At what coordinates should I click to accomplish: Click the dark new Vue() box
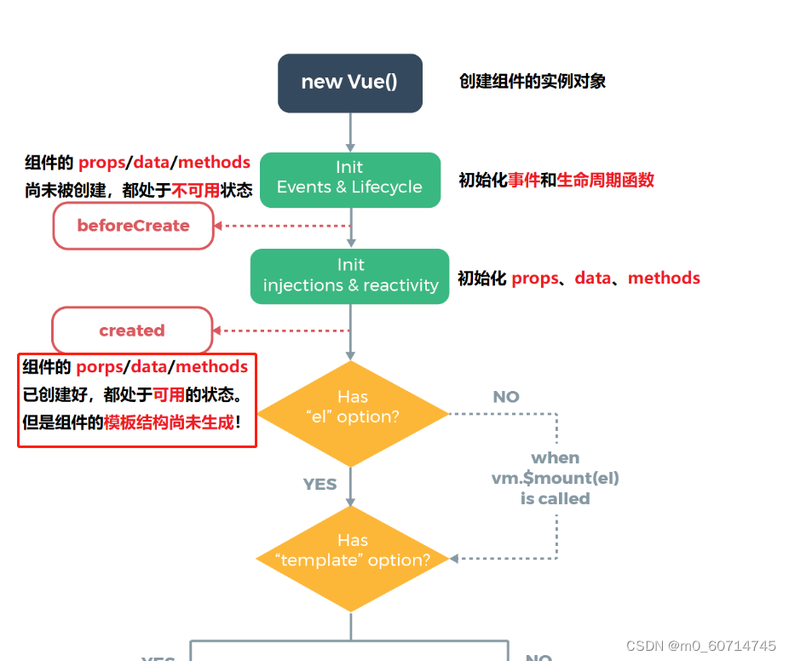[x=349, y=83]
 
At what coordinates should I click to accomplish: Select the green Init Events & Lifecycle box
[x=349, y=179]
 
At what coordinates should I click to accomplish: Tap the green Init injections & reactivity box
[x=349, y=276]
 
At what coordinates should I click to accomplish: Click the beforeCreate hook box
[x=133, y=226]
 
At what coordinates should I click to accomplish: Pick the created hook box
[x=132, y=330]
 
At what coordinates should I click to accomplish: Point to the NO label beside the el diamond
[x=506, y=397]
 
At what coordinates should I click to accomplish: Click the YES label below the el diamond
[x=320, y=484]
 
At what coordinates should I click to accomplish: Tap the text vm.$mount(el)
[x=555, y=478]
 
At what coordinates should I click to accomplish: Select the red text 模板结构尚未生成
[x=169, y=422]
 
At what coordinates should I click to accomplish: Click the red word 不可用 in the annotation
[x=195, y=191]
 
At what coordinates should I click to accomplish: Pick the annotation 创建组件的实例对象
[x=533, y=82]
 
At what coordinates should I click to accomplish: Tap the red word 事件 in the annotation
[x=524, y=180]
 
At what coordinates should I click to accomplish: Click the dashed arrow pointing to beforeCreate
[x=281, y=226]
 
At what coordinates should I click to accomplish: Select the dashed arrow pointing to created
[x=281, y=330]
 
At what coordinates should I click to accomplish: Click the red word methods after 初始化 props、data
[x=664, y=278]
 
